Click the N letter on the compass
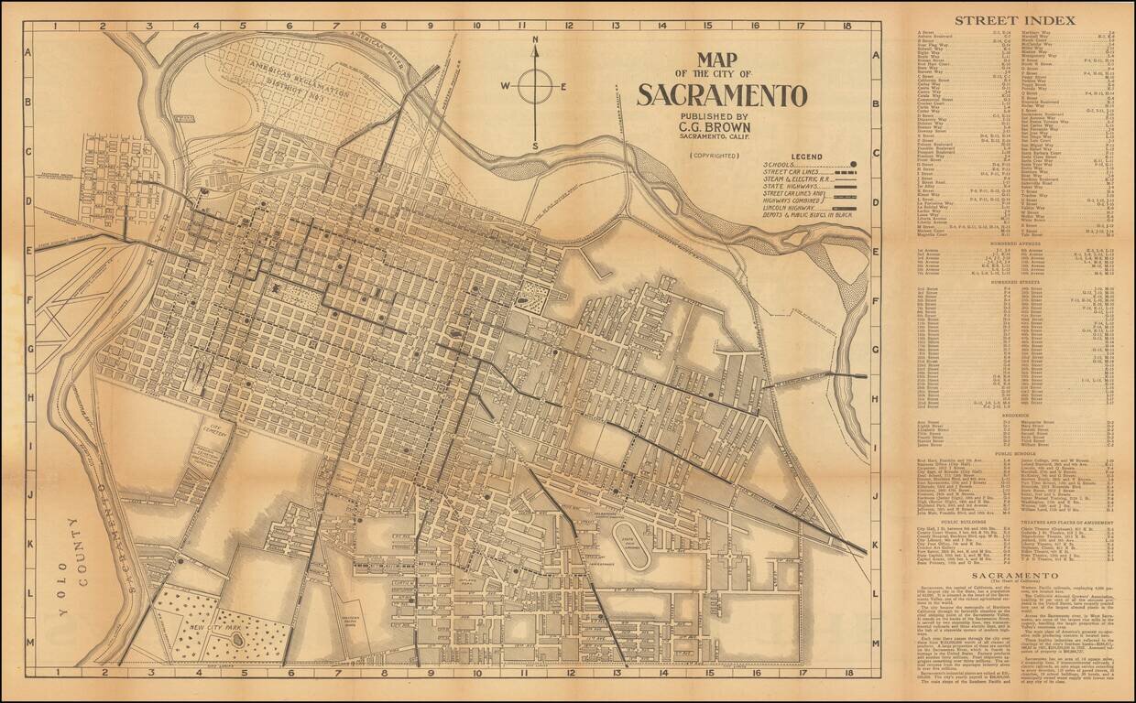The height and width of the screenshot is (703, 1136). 535,40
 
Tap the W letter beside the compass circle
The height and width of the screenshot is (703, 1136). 504,87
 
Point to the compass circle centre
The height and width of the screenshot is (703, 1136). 535,87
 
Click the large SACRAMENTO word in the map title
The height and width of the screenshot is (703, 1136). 722,95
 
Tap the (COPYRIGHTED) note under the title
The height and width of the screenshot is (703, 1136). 715,156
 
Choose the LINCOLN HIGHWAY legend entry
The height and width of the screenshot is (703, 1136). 794,209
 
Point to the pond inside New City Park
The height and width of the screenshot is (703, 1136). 236,638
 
